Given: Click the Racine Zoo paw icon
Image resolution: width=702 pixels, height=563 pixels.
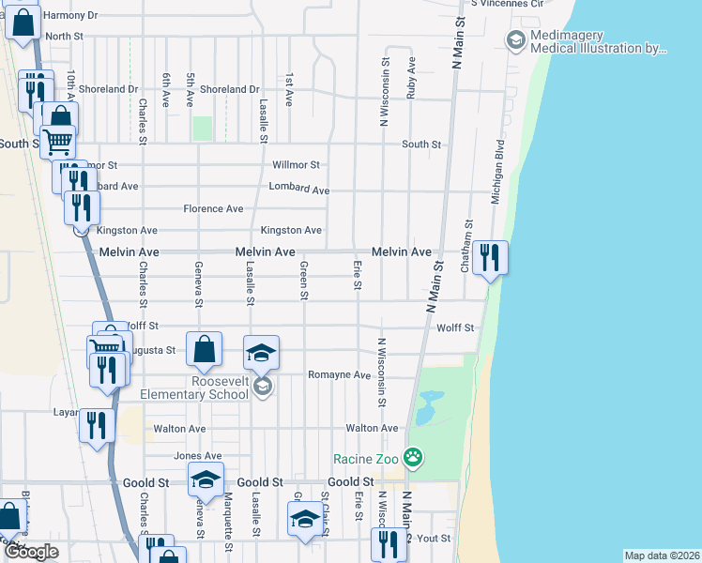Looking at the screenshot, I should tap(412, 458).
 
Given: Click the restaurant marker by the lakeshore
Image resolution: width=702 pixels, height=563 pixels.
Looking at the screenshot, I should tap(488, 257).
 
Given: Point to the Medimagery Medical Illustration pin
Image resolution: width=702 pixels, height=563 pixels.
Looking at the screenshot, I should tap(514, 39).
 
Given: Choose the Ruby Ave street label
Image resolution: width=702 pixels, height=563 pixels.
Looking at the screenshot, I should tap(411, 77).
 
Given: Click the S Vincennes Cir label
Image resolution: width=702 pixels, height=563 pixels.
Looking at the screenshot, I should tap(507, 4).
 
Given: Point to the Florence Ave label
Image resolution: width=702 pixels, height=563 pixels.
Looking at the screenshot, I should tap(213, 208).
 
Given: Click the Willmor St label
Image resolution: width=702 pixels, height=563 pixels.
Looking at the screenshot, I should tap(296, 165).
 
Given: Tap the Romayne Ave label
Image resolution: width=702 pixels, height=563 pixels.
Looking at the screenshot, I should tap(339, 374).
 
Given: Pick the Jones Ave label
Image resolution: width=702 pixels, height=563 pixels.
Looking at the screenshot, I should tap(191, 456).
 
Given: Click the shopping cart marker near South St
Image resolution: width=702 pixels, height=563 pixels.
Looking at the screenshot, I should tap(58, 142).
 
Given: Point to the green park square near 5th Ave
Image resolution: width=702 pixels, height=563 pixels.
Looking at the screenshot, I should tap(202, 128).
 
